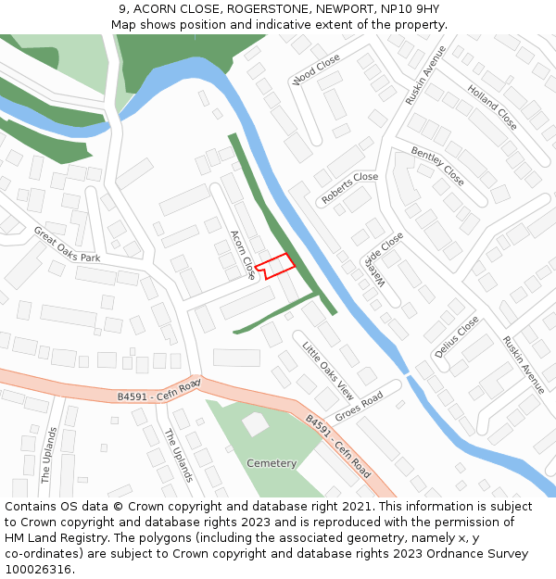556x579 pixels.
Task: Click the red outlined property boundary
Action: click(276, 266)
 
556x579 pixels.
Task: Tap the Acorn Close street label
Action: click(243, 255)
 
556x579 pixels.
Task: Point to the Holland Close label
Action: click(492, 107)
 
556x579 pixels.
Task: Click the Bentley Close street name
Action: click(436, 165)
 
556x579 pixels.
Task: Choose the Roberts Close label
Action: click(349, 188)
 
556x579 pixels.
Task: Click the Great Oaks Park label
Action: click(66, 245)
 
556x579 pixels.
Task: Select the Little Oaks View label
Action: click(328, 369)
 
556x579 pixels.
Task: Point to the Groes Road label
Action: click(359, 408)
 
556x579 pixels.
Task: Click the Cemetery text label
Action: click(272, 463)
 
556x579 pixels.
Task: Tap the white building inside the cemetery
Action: click(255, 424)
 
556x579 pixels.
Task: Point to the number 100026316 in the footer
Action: click(39, 569)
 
